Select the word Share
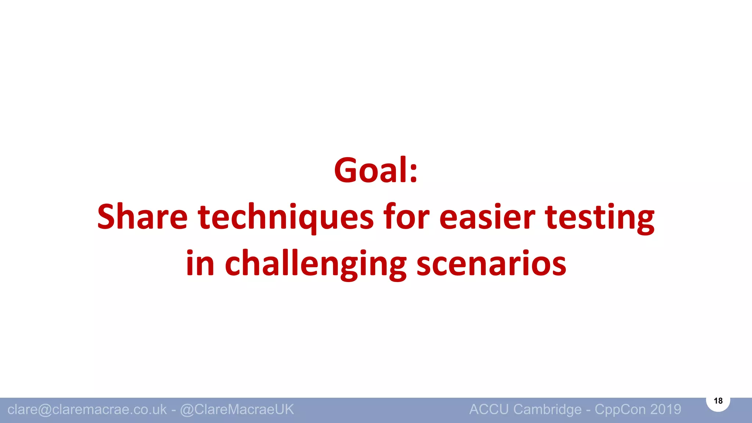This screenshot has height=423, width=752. (142, 217)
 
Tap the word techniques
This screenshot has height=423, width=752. (286, 217)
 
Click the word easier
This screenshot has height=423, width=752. (487, 217)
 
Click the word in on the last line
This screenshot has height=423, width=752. (200, 264)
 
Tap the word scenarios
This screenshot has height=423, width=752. (491, 264)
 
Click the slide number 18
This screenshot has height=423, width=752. (718, 401)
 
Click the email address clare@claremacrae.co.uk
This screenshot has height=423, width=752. (87, 409)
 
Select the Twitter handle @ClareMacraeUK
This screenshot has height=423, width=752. (237, 409)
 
